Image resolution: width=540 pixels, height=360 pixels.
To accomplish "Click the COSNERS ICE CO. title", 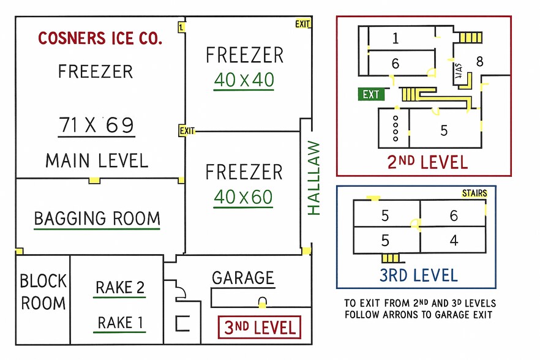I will [100, 39].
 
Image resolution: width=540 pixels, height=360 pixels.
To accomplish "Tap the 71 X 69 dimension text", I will [97, 125].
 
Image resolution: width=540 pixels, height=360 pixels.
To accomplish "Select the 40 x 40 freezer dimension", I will [244, 80].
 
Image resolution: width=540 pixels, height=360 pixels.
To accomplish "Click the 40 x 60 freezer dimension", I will [244, 197].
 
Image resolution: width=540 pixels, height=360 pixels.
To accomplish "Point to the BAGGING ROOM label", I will [97, 219].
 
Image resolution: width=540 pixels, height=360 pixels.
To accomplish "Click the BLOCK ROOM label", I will [43, 292].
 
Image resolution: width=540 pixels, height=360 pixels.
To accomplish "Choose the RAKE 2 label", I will [120, 287].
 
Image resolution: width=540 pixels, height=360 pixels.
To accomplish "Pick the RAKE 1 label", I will [120, 322].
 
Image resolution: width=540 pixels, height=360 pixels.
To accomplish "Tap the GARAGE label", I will [243, 278].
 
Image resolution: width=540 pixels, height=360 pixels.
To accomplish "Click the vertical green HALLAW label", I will [313, 178].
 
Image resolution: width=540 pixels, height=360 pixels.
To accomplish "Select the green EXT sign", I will [371, 94].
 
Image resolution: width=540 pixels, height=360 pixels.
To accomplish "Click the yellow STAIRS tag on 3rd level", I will [474, 193].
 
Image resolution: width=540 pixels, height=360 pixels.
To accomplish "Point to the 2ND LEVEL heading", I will [427, 162].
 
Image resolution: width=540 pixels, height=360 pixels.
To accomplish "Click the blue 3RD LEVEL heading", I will [418, 274].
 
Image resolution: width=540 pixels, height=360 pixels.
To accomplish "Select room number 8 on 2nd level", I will [479, 61].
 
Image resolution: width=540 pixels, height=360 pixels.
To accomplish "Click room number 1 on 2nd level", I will [396, 39].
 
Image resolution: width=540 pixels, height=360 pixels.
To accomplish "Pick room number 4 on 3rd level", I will [454, 240].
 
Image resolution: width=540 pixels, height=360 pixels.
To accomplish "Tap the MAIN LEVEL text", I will [97, 161].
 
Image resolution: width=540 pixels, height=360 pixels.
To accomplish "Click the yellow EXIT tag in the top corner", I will [302, 24].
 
